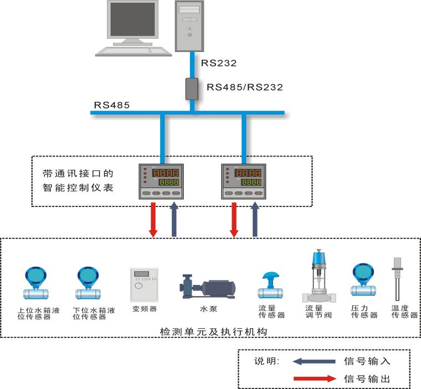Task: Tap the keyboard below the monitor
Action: pos(134,50)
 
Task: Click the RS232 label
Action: pos(219,63)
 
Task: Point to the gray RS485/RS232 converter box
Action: pos(192,89)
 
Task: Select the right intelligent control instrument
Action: pos(243,181)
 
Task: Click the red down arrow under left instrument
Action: pos(153,219)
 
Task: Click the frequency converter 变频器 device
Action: pos(144,284)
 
